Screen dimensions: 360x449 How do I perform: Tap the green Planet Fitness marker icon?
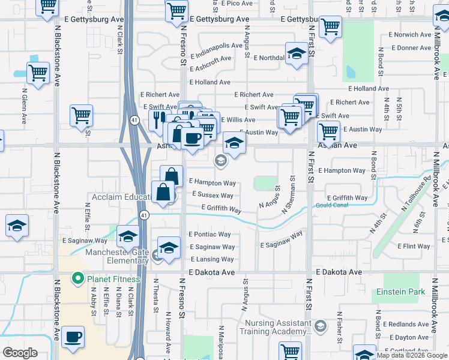click(x=77, y=278)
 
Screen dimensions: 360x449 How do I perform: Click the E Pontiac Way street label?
click(x=209, y=234)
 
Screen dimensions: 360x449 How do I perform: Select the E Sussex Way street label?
click(x=212, y=195)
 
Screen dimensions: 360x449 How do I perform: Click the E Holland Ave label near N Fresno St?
click(x=209, y=82)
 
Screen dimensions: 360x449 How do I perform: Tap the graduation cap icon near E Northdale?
click(x=297, y=53)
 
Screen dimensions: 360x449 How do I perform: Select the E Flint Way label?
click(x=414, y=246)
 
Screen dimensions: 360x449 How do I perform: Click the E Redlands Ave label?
click(x=409, y=324)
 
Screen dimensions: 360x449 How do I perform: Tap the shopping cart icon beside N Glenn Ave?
click(x=38, y=73)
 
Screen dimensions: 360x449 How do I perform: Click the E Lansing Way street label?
click(x=211, y=259)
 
